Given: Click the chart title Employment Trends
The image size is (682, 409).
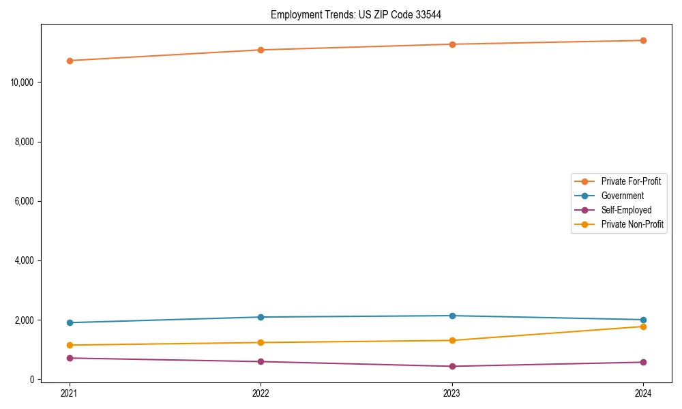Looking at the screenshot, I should pos(356,15).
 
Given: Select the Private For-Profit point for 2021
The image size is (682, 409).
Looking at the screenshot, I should pos(70,61).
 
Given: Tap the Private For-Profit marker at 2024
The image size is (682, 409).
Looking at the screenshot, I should pos(643,40).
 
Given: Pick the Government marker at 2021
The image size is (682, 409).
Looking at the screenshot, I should pos(70,322).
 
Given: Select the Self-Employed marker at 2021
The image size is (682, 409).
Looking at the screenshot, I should pos(70,358).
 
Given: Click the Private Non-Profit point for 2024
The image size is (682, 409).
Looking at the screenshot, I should pos(643,327).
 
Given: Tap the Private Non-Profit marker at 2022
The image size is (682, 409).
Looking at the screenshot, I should pos(261,342).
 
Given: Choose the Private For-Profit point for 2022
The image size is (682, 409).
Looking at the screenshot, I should pos(261,50).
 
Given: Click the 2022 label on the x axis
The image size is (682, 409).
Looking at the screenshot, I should pos(261,393).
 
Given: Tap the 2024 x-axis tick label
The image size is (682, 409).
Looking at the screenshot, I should pos(643,393).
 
